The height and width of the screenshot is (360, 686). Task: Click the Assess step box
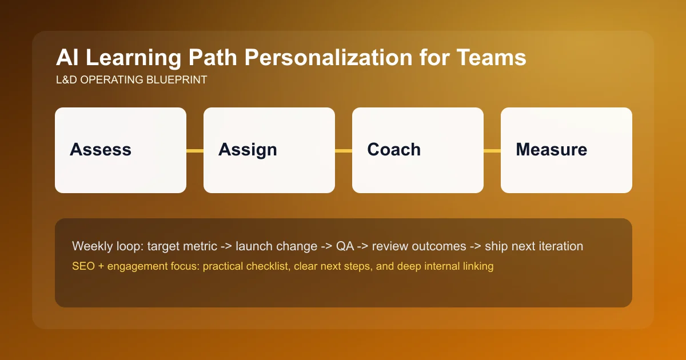pos(121,150)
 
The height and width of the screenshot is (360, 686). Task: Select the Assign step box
pos(269,150)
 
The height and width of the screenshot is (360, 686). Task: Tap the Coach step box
pos(418,150)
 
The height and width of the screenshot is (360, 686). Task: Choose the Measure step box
pos(567,150)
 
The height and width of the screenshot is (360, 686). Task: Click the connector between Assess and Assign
pos(195,151)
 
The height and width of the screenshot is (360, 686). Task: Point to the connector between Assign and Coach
pos(344,151)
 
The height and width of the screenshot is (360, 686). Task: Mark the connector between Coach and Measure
pos(492,151)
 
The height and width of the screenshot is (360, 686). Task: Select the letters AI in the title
pos(66,59)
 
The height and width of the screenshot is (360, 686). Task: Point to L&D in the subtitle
pos(67,80)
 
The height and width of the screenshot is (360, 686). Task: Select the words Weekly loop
pos(107,246)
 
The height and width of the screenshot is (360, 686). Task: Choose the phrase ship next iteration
pos(534,246)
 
